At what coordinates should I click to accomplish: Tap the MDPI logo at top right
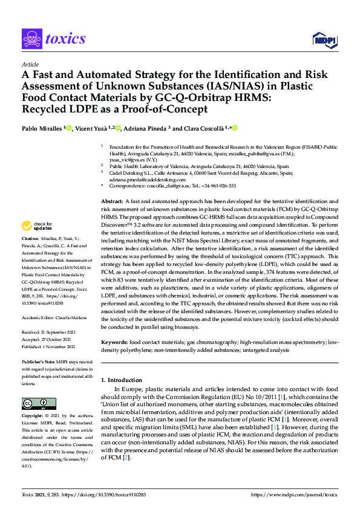point(324,39)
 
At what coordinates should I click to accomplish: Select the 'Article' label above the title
point(29,65)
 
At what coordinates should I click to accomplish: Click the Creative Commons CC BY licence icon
point(31,403)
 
